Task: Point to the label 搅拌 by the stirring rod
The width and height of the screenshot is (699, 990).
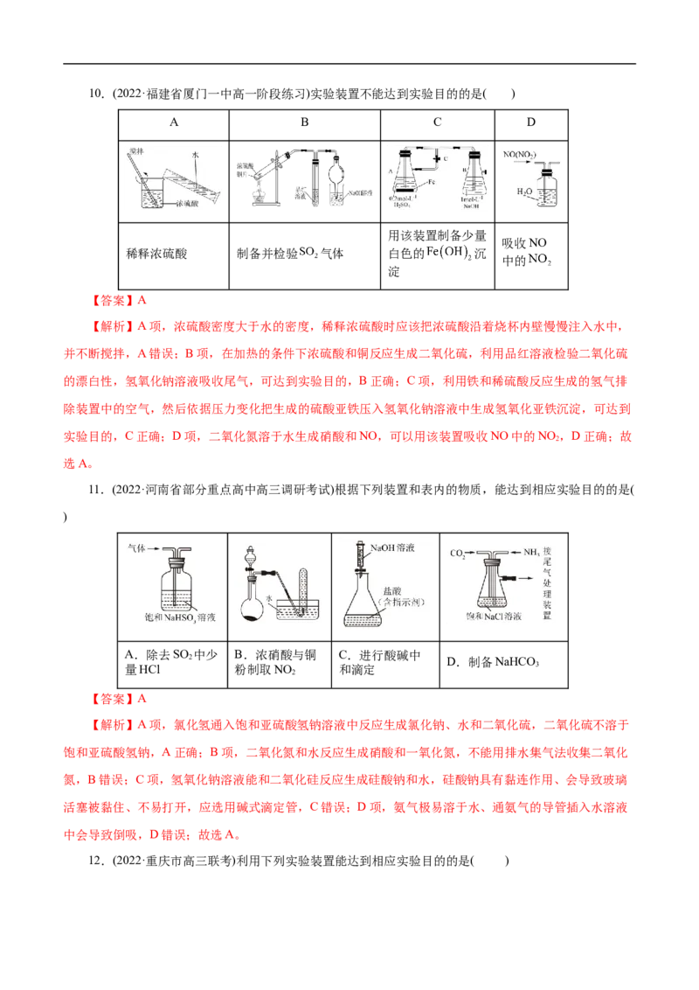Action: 134,150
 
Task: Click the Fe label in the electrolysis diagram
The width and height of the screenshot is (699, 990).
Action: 434,183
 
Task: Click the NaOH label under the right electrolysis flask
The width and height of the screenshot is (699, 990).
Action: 472,206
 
